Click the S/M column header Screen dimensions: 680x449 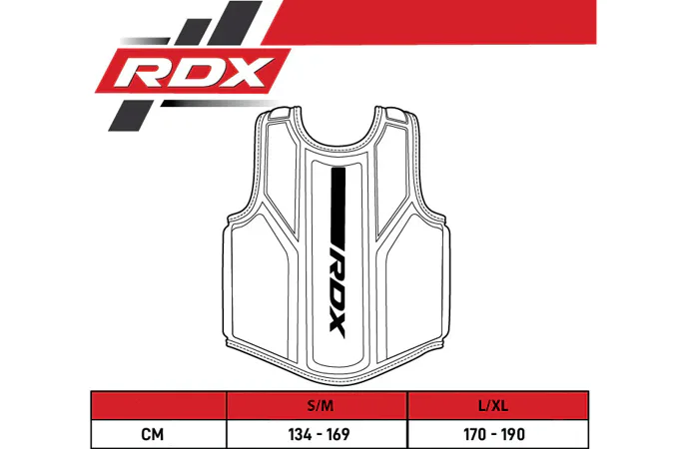tap(321, 406)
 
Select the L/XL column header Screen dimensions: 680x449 tap(493, 406)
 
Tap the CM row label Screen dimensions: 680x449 tap(153, 434)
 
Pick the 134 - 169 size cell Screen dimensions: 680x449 tap(319, 434)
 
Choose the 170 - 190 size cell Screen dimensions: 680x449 tap(494, 434)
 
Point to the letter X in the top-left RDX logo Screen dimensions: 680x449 tap(243, 72)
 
